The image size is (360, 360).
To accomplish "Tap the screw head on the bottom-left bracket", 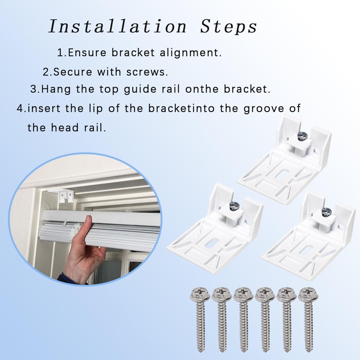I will click(x=234, y=207).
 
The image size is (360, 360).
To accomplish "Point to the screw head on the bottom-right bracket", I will click(x=326, y=211).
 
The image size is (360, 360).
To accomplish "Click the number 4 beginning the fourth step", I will click(x=20, y=109).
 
